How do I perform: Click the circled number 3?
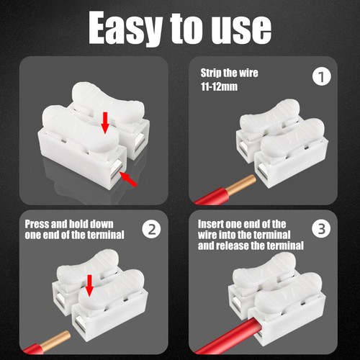[322, 230]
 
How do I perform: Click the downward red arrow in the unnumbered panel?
[105, 124]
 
